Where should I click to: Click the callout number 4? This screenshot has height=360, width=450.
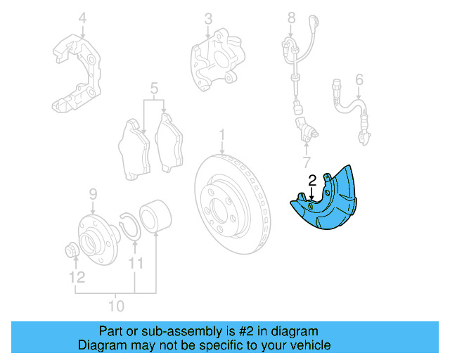(x=83, y=17)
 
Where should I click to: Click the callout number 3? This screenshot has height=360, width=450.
(x=208, y=17)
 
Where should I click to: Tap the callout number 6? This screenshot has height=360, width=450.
(x=359, y=79)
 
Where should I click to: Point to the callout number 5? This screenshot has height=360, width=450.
(x=155, y=89)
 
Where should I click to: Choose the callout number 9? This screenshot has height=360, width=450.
(x=92, y=194)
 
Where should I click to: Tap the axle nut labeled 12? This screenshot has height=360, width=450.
(x=73, y=250)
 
